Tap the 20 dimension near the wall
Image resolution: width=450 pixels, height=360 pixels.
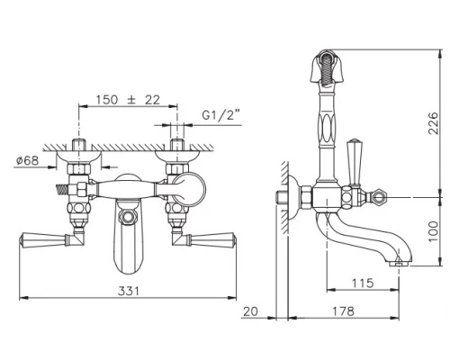point(251,310)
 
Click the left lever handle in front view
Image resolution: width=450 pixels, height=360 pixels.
point(40,238)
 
